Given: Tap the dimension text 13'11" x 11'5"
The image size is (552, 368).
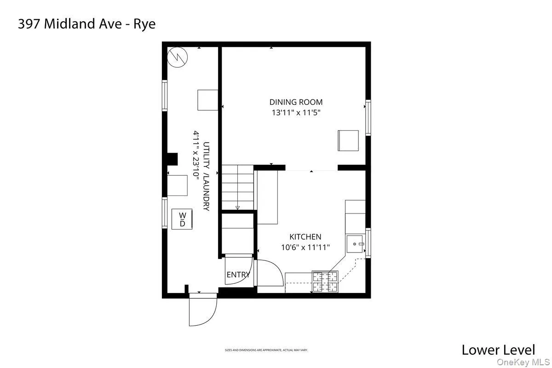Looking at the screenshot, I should [x=296, y=112].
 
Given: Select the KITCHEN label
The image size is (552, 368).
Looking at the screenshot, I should [x=305, y=237].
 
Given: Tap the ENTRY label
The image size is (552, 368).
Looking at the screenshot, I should [x=238, y=275].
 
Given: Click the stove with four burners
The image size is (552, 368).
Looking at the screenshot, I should [x=325, y=282].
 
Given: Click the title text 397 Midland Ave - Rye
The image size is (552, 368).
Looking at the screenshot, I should [x=86, y=24].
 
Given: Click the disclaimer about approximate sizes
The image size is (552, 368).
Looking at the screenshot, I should [x=266, y=350].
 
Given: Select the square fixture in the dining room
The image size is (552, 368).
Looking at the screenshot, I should [x=348, y=140].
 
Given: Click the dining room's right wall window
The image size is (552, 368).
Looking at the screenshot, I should [x=368, y=118].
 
